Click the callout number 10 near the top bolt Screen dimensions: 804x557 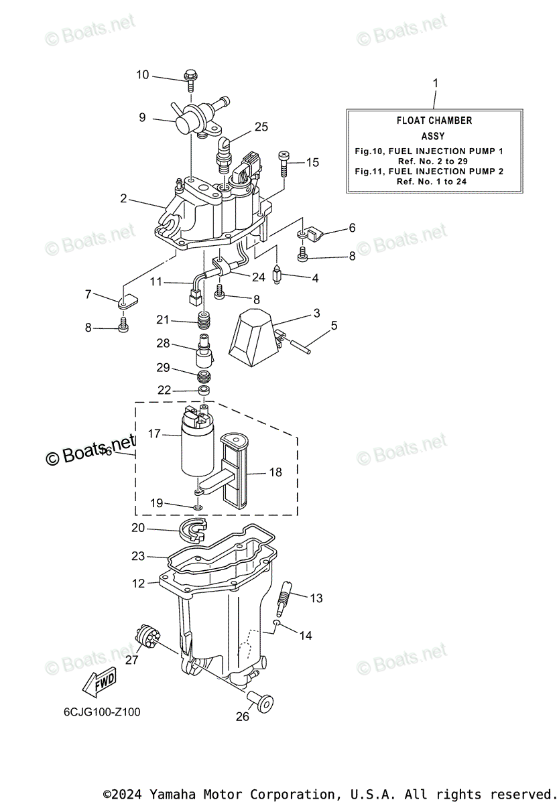[142, 74]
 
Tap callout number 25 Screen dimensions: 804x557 [261, 127]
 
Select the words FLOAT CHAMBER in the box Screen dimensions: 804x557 [434, 121]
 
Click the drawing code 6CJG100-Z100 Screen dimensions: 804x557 [98, 712]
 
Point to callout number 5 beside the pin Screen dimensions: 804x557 [334, 326]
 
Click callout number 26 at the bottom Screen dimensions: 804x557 [242, 716]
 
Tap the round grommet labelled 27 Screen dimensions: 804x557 [145, 634]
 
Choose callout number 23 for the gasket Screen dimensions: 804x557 [138, 556]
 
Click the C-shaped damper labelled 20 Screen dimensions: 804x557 [194, 530]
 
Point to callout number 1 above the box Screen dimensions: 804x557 [435, 83]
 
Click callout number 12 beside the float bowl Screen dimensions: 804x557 [138, 584]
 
